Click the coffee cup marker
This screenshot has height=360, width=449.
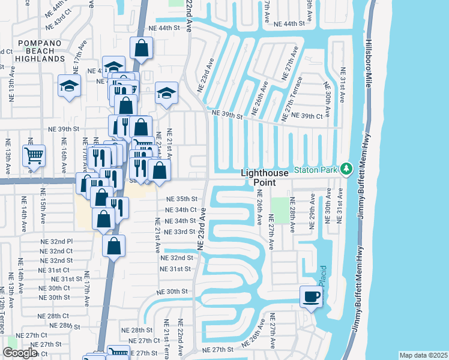311,296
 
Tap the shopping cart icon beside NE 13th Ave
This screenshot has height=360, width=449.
34,156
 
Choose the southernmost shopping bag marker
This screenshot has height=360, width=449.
113,245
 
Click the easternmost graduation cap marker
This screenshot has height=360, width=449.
166,93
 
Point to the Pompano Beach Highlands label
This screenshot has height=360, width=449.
41,51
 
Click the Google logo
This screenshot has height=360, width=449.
19,353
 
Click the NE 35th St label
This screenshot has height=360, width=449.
181,199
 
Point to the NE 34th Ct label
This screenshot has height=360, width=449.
181,209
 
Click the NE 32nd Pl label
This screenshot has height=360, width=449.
58,241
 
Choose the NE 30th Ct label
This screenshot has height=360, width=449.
54,288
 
